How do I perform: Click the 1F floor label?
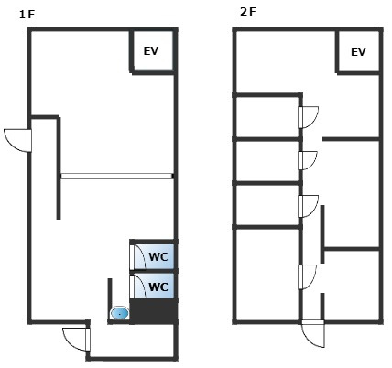click(x=27, y=15)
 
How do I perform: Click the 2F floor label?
click(x=248, y=12)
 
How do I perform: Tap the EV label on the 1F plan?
click(x=151, y=51)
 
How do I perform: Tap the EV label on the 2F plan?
click(x=358, y=52)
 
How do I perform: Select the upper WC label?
click(x=158, y=257)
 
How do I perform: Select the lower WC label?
click(x=158, y=287)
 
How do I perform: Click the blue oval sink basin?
click(x=119, y=313)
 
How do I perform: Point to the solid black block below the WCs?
click(x=154, y=310)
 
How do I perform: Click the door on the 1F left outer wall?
click(x=17, y=141)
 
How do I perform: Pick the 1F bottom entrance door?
click(x=76, y=340)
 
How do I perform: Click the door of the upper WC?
click(x=137, y=256)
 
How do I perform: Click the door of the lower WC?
click(x=137, y=286)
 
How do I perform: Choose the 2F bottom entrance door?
click(x=312, y=333)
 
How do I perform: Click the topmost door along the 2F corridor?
click(x=309, y=117)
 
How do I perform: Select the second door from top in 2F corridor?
click(x=308, y=160)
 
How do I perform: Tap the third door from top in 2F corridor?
click(x=309, y=207)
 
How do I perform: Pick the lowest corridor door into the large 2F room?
click(x=308, y=277)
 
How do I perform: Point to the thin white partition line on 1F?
click(x=116, y=176)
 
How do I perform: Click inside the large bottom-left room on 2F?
click(x=267, y=275)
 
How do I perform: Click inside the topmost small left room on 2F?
click(x=267, y=117)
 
